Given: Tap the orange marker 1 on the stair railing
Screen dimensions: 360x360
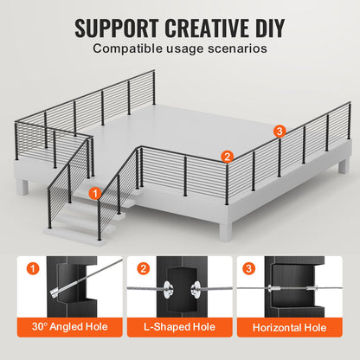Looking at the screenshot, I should tap(94, 195).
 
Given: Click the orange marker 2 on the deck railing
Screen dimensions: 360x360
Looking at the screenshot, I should tap(227, 157).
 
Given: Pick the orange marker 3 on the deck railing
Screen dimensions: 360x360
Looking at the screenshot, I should tap(278, 131).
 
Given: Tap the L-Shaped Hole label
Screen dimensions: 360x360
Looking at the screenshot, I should tap(180, 328).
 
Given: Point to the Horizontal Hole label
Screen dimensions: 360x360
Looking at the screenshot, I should tap(290, 328).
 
